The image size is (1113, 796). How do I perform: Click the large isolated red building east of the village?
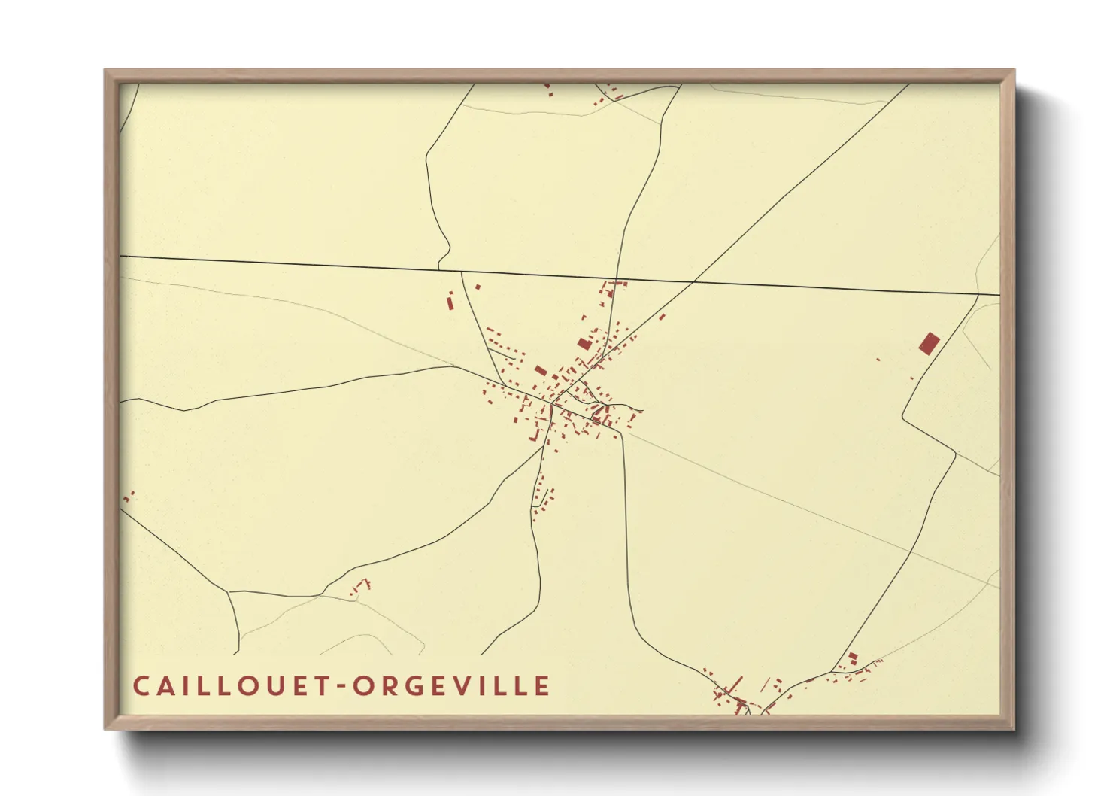tap(929, 344)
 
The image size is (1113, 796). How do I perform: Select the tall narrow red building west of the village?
tap(450, 302)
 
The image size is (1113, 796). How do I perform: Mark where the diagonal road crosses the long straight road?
tap(693, 281)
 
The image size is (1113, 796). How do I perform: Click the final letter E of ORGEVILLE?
tap(543, 686)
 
